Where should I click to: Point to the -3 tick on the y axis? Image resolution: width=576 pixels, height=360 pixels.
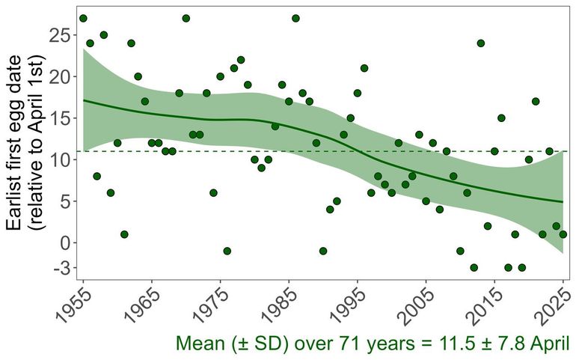coord(60,267)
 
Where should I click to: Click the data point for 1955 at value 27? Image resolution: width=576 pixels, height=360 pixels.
coord(83,18)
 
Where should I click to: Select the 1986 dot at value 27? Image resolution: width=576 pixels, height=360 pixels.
coord(295,18)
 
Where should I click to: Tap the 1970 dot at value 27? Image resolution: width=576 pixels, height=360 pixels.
coord(186,18)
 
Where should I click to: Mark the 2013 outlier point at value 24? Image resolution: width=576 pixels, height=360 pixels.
coord(480,43)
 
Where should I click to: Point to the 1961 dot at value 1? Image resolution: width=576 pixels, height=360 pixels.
coord(124,234)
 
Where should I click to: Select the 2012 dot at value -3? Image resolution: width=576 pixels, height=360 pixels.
coord(474,267)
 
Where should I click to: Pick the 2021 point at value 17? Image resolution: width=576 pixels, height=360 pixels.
coord(536,101)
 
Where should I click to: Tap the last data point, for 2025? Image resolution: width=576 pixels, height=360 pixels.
coord(563,234)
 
